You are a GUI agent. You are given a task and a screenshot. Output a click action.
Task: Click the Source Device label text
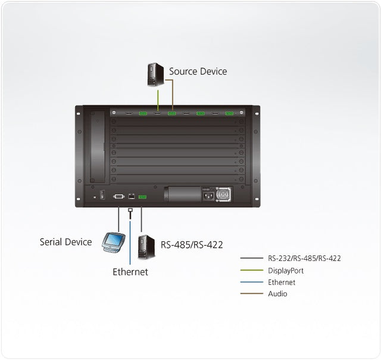(x=198, y=72)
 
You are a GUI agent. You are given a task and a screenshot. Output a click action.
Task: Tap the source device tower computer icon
(x=157, y=75)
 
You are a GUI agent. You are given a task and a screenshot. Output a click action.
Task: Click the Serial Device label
(x=65, y=242)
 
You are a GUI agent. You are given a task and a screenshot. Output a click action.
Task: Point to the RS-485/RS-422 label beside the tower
(x=192, y=244)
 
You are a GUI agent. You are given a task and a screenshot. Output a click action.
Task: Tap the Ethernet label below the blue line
(x=130, y=272)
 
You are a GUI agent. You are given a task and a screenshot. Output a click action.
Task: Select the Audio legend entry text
(x=277, y=294)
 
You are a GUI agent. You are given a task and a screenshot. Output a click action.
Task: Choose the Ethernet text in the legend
(x=282, y=283)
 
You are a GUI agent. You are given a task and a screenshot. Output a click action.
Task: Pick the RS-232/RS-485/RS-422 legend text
(x=304, y=259)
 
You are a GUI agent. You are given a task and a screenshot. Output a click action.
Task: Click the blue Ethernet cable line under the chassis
(x=130, y=238)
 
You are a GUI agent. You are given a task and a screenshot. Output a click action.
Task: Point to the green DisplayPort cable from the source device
(x=157, y=98)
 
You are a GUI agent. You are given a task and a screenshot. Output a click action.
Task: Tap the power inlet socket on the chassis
(x=208, y=194)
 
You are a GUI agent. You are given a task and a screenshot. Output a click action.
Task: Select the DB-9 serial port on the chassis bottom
(x=118, y=195)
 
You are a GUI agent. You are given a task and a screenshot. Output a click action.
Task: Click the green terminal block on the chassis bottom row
(x=142, y=196)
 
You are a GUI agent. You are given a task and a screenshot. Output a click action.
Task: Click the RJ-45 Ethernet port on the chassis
(x=130, y=196)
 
